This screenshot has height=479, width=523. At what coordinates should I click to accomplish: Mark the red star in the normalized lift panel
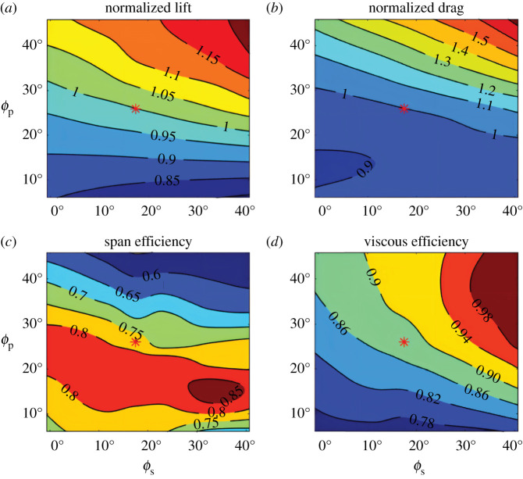[136, 109]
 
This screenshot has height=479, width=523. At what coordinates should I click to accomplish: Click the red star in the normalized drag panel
[404, 108]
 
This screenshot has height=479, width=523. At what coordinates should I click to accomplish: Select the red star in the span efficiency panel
[136, 341]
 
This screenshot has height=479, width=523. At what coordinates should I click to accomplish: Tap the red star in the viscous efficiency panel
[404, 341]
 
